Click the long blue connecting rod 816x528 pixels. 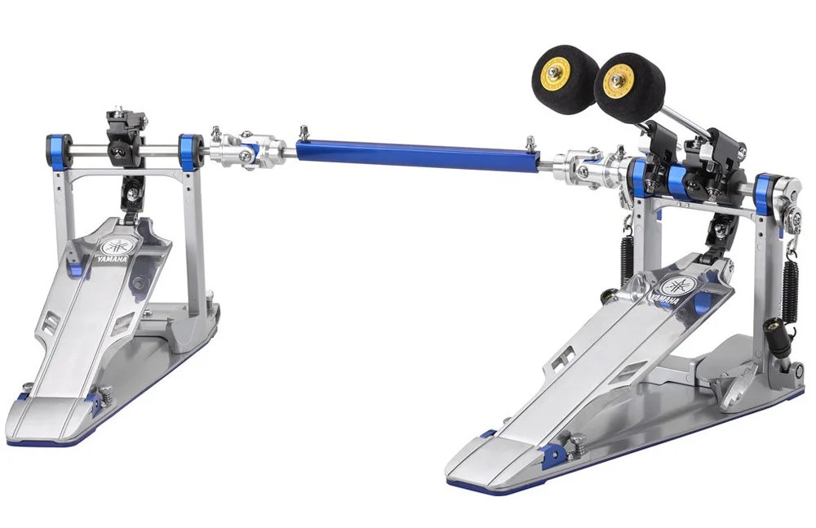[416, 154]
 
